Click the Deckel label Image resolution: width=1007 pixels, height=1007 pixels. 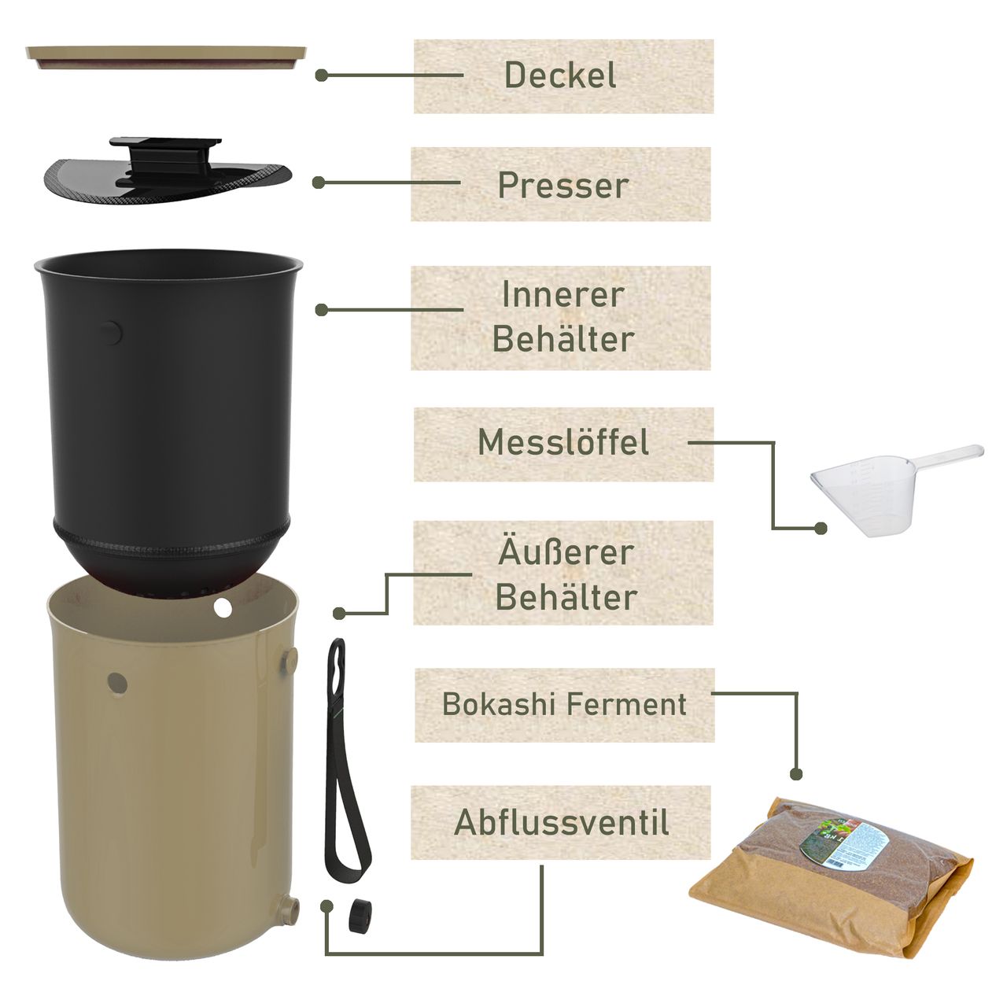560,76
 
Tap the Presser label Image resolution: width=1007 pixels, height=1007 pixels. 563,185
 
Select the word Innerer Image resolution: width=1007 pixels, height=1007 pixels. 563,295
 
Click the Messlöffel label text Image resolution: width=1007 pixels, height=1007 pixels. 563,442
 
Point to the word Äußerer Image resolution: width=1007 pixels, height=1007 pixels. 566,552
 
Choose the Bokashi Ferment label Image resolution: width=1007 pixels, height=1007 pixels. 564,704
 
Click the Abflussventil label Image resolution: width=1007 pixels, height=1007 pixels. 562,823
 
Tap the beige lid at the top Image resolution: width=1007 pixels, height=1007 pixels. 166,56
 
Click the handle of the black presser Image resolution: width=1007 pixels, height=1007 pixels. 165,150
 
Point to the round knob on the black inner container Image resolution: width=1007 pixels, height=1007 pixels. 110,333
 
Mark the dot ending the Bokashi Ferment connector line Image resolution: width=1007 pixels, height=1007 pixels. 796,774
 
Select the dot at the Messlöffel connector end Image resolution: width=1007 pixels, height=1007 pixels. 821,529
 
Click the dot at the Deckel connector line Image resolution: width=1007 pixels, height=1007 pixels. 321,76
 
